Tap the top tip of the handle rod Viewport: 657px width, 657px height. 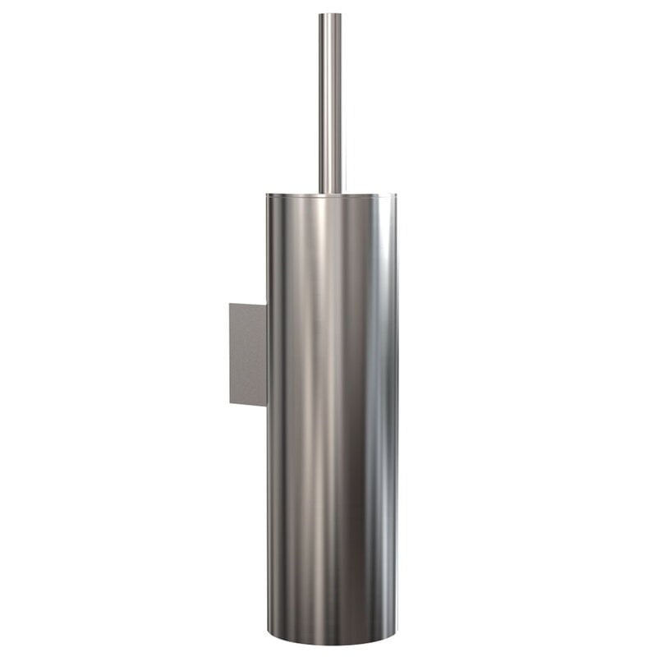pos(331,14)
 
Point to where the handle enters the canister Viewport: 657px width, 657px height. pos(331,193)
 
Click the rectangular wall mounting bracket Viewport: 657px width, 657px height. pos(248,353)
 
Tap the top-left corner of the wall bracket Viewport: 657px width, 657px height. pos(230,304)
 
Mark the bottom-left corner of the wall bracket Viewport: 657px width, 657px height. pos(230,403)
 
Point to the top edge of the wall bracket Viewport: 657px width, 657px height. pos(248,304)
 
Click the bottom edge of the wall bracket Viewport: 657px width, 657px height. pos(248,404)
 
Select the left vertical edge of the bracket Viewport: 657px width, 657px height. pos(230,353)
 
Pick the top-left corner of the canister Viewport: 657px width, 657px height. pos(267,195)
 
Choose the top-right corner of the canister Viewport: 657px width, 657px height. pos(396,195)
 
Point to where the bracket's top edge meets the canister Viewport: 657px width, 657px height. pos(266,305)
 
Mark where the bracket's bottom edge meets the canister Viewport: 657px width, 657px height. pos(266,405)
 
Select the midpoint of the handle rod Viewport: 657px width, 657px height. pos(331,103)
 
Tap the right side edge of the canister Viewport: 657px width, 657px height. pos(396,411)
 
